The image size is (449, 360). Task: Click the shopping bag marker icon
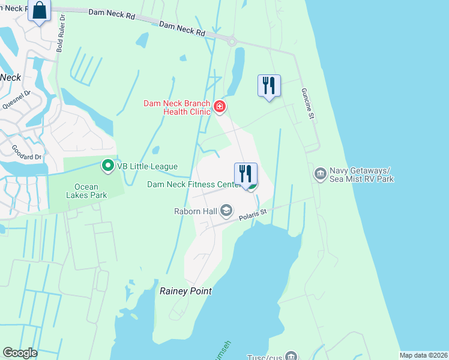40,11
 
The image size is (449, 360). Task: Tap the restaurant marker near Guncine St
268,85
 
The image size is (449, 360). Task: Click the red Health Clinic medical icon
220,107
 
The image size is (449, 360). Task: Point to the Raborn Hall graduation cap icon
226,210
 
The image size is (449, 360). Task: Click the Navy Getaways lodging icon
320,175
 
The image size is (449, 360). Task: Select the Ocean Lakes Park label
86,191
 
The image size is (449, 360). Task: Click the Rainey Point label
185,291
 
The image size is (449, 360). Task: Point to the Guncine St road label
307,103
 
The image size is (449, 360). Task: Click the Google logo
20,353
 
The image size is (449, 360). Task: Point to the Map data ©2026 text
423,355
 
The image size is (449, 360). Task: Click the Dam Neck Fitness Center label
194,184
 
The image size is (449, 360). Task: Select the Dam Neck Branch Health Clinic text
177,107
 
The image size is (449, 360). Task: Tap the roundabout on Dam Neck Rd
232,40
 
